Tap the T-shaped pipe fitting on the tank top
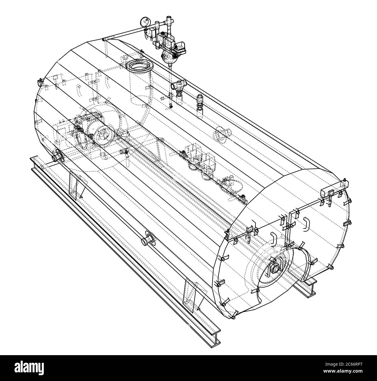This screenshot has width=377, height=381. (179, 85)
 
